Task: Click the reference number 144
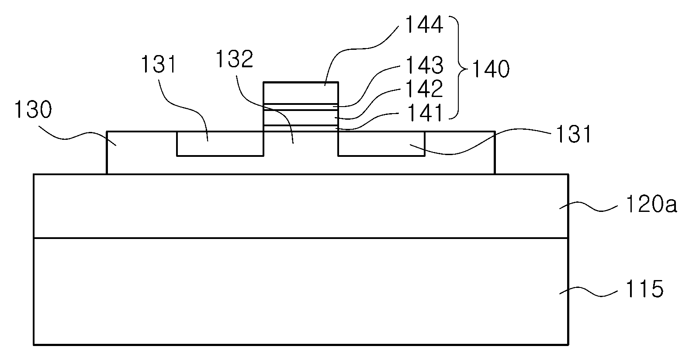(x=424, y=24)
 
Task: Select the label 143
(x=424, y=65)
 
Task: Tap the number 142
(x=424, y=89)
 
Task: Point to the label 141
(x=424, y=113)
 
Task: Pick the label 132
(x=235, y=59)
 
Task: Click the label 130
(x=33, y=110)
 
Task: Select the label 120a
(x=651, y=204)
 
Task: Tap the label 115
(x=644, y=289)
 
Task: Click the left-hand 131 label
(x=159, y=64)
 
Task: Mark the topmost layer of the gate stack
(x=301, y=93)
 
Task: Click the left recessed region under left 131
(x=220, y=143)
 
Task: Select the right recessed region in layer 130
(x=381, y=143)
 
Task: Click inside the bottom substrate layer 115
(x=301, y=291)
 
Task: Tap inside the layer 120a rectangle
(x=301, y=206)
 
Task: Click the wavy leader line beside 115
(x=588, y=292)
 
